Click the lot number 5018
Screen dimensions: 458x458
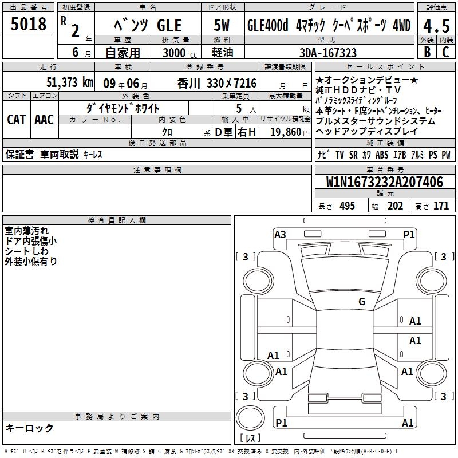pyautogui.click(x=28, y=23)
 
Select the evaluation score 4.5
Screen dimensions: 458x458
pyautogui.click(x=436, y=26)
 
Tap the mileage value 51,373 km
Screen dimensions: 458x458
pyautogui.click(x=70, y=82)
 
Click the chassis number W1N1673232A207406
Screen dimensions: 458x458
pyautogui.click(x=384, y=182)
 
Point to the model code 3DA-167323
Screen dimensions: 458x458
pyautogui.click(x=328, y=53)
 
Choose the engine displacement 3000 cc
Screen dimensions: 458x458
pyautogui.click(x=180, y=53)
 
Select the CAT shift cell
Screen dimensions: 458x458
pyautogui.click(x=17, y=120)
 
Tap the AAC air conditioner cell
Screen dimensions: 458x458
pyautogui.click(x=44, y=120)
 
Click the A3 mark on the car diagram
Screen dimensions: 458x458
pyautogui.click(x=280, y=235)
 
